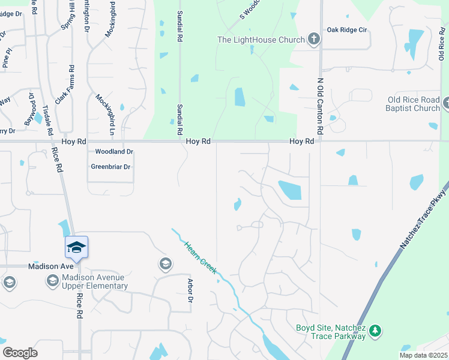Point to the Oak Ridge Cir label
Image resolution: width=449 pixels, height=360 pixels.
coord(346,29)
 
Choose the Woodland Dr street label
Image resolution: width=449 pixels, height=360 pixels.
coord(113,152)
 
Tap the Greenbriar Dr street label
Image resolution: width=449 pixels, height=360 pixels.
coord(110,167)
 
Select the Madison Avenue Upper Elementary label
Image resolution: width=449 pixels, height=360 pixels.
coord(95,281)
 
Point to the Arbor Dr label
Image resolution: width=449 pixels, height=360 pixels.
coord(190,290)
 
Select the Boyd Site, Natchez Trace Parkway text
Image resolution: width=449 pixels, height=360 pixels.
coord(331,332)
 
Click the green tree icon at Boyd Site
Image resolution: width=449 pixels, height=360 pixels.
coord(375,331)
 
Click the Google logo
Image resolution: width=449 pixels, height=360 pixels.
coord(20,353)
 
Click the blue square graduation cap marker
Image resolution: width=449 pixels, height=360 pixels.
coord(76,247)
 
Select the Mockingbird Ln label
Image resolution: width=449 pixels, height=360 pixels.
coord(111,114)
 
